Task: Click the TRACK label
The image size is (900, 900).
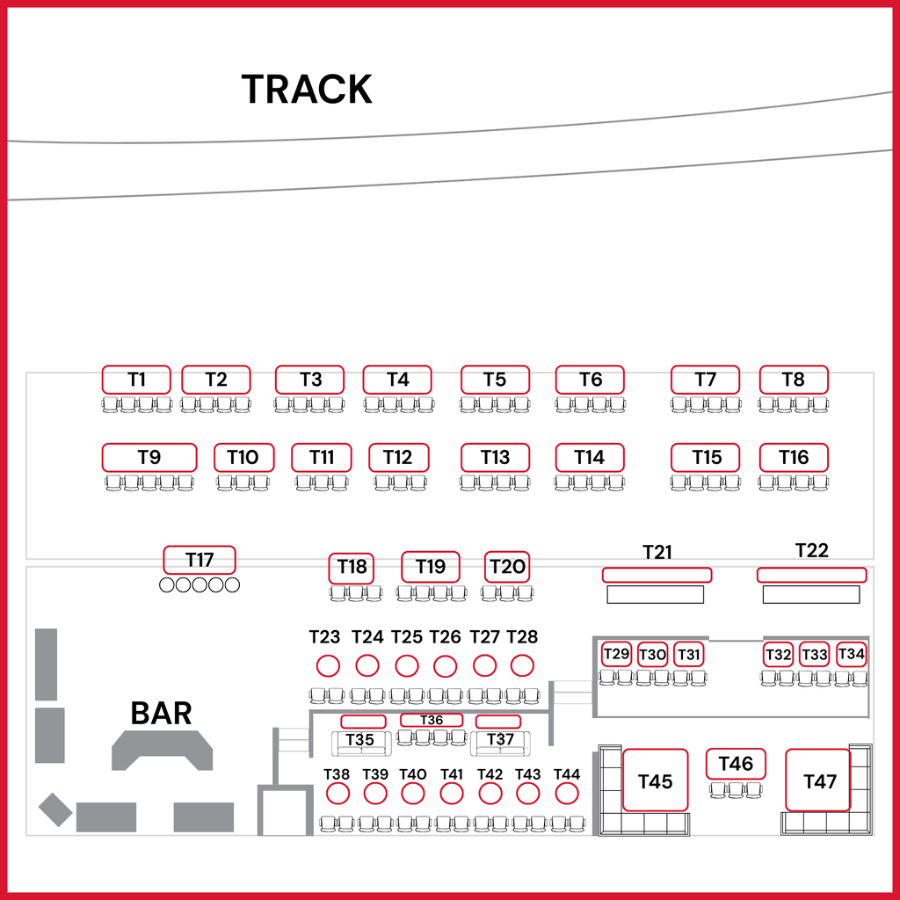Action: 307,89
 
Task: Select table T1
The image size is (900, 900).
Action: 136,380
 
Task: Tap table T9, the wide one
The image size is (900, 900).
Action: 149,457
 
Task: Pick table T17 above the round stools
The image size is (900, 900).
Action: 200,560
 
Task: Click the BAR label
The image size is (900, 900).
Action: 162,714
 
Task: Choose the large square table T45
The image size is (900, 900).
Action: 655,780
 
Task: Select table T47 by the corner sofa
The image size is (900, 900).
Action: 818,780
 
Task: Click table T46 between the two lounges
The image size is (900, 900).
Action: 736,764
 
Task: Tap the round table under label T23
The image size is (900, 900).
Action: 328,666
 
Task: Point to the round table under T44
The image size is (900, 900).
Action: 567,794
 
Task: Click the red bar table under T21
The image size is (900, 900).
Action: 657,575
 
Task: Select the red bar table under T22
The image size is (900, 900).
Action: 811,575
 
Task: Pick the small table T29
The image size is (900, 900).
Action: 616,654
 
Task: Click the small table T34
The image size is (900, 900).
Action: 851,654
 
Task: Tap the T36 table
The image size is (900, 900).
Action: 432,720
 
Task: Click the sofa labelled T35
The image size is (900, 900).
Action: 361,744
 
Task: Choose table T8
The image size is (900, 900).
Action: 794,380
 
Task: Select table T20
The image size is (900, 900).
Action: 507,567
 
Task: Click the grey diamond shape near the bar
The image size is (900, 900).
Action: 55,809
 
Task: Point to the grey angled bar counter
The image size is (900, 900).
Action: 162,750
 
